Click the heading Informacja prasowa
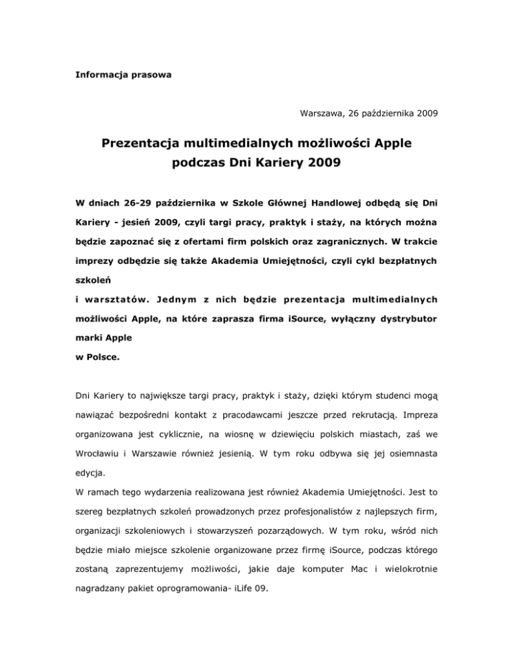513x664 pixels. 122,75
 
